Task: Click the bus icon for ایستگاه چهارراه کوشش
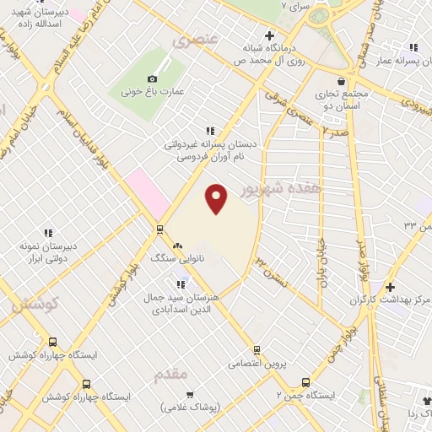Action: tap(53, 343)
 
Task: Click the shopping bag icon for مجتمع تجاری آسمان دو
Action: tap(340, 80)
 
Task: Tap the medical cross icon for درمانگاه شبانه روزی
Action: tap(268, 36)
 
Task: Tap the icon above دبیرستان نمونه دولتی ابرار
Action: tap(49, 233)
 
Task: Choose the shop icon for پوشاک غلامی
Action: tap(192, 394)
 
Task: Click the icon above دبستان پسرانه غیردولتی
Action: tap(210, 131)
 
